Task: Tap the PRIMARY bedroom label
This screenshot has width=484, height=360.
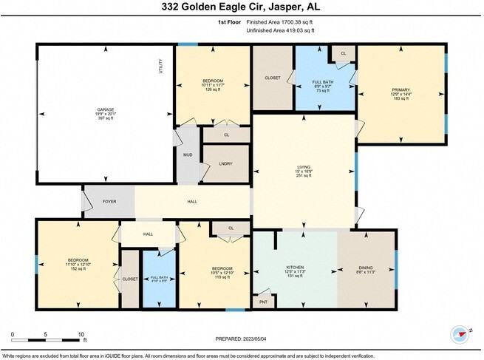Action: click(x=401, y=93)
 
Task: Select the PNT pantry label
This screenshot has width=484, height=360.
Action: click(x=262, y=302)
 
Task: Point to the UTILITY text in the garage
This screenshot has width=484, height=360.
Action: click(x=160, y=66)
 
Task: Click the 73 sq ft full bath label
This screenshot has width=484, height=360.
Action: click(x=322, y=84)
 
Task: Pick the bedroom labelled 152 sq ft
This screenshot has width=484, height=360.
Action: click(x=78, y=264)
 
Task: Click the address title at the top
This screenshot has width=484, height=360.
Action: click(x=242, y=7)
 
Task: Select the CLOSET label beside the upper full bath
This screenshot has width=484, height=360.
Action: click(x=273, y=78)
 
